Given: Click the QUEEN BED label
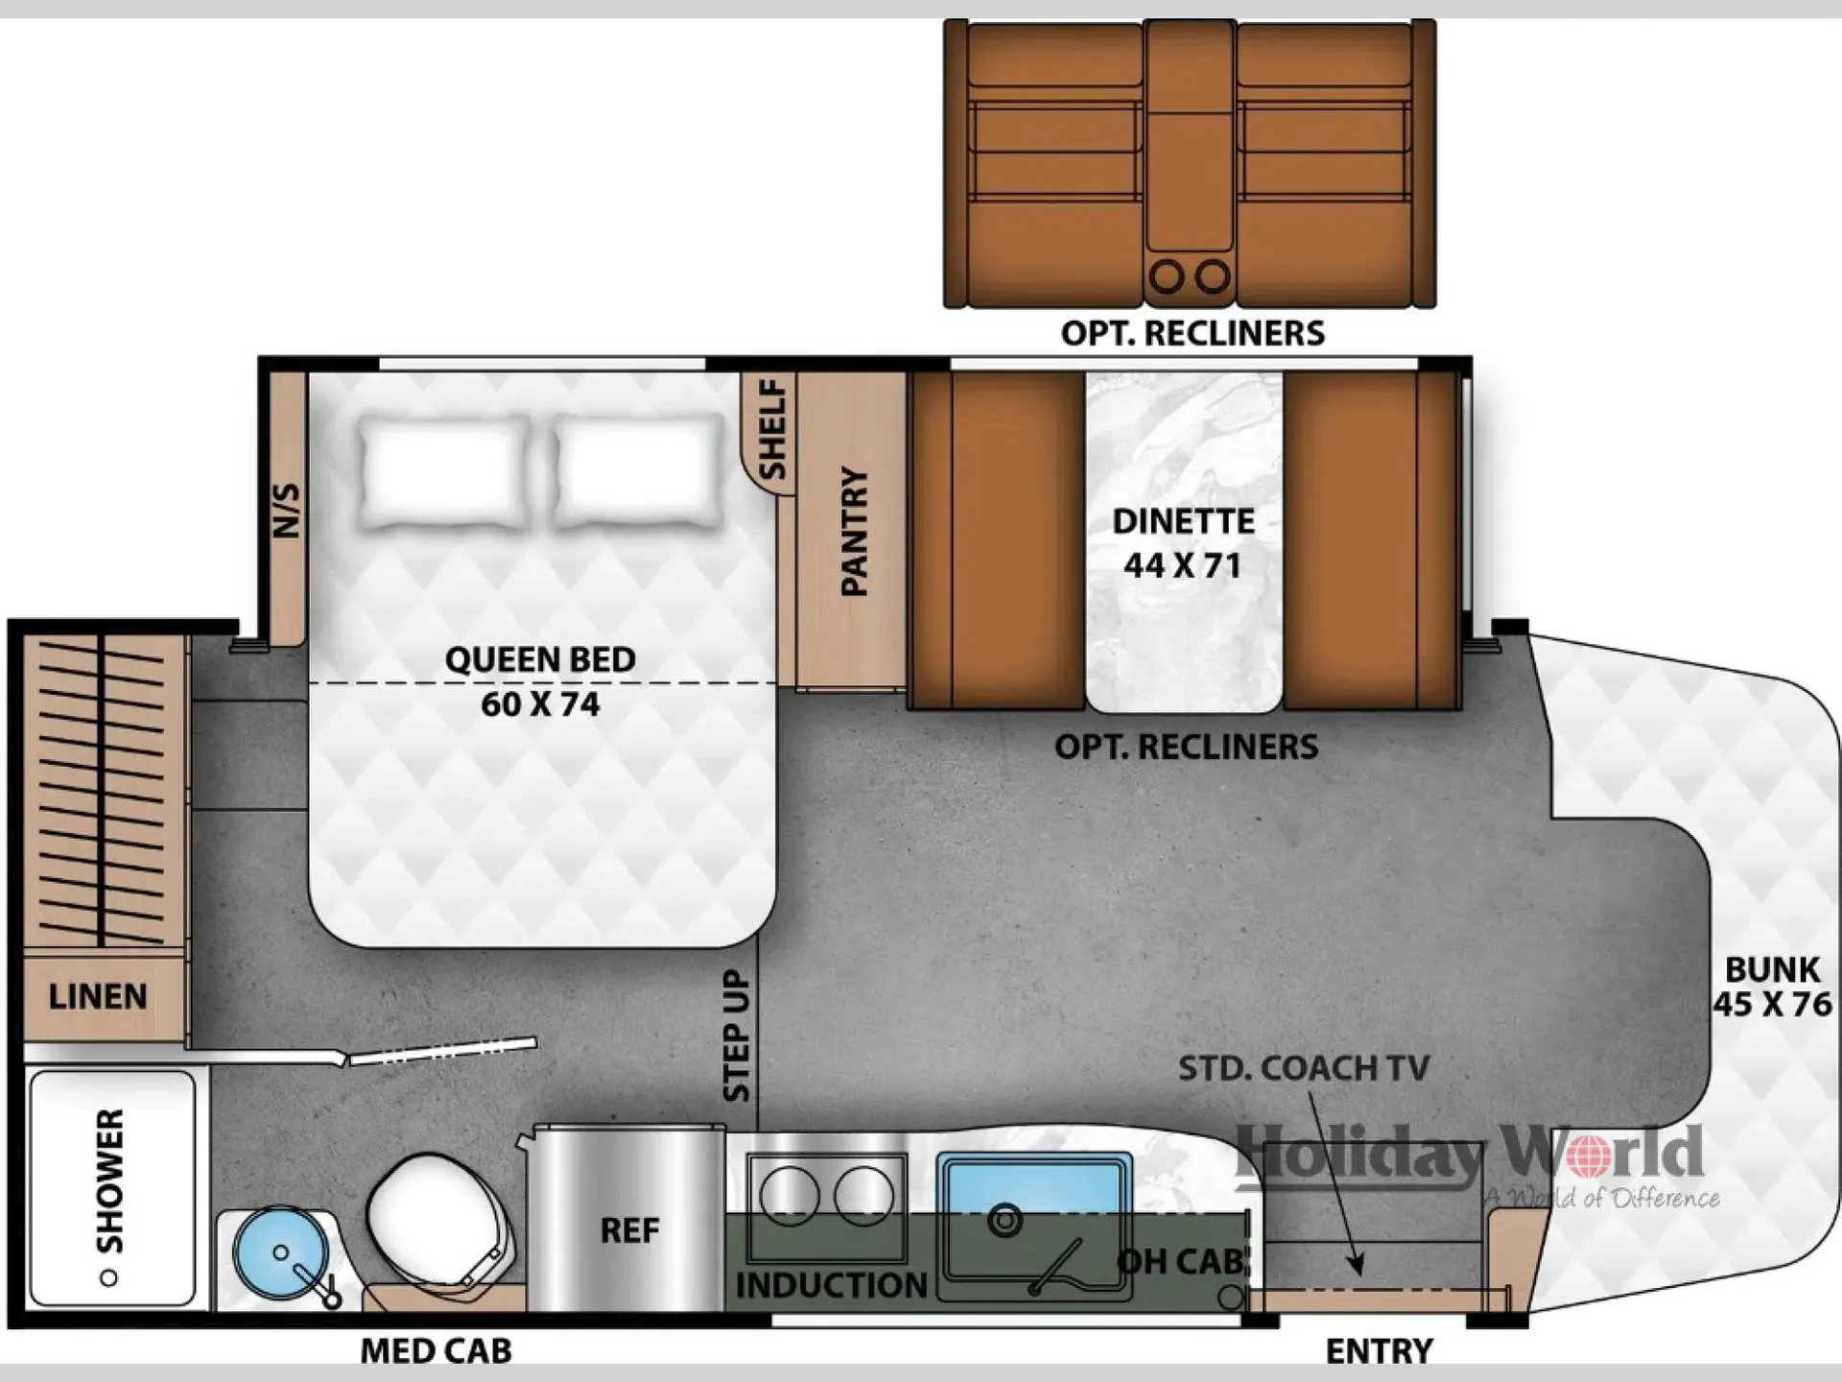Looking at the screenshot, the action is (x=540, y=660).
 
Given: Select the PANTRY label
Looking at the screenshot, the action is (x=854, y=532).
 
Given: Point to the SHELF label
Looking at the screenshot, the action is (x=773, y=429).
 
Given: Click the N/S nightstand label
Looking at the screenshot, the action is (x=287, y=510).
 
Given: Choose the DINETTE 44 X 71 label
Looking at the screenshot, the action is (x=1184, y=543).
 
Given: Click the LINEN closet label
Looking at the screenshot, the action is (x=98, y=996).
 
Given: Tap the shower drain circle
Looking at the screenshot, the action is (x=108, y=1277).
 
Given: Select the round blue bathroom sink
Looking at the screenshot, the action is (x=280, y=1253).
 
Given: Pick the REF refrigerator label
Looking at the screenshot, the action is (x=629, y=1230).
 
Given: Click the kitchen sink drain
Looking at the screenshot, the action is (x=1005, y=1221).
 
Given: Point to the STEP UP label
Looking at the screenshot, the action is (x=736, y=1036).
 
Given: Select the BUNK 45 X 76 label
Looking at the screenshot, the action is (x=1773, y=987).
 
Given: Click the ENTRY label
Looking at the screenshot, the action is (x=1379, y=1351).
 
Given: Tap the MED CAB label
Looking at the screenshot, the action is (x=436, y=1351).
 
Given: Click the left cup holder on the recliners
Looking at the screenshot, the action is (x=1167, y=276).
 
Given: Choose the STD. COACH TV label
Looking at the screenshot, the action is (x=1304, y=1068).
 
